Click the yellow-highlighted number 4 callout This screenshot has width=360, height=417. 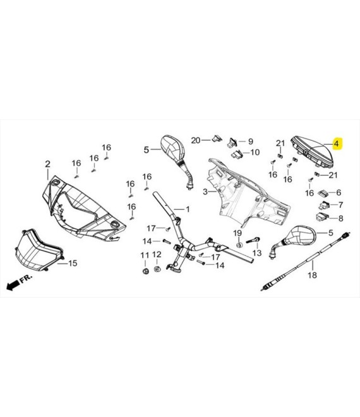(337, 144)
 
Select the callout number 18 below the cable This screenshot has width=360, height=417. (312, 275)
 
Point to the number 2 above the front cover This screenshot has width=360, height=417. (47, 164)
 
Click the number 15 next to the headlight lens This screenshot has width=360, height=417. (73, 263)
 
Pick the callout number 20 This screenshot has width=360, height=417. (196, 140)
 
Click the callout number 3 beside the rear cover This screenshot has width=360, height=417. (205, 191)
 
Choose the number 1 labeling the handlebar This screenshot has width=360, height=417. (188, 209)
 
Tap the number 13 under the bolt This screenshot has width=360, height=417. (257, 253)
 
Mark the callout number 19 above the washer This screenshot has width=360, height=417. (237, 233)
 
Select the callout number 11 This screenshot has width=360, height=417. (145, 255)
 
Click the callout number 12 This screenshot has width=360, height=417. (157, 255)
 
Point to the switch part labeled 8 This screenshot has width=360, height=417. (320, 217)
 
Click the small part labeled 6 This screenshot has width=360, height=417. (323, 193)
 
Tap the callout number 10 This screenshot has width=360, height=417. (255, 152)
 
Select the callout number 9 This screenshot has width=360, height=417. (251, 142)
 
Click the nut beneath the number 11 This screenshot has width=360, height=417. (145, 272)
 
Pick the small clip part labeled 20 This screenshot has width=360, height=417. (216, 138)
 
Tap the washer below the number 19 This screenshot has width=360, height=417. (239, 245)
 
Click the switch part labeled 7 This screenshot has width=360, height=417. (323, 205)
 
